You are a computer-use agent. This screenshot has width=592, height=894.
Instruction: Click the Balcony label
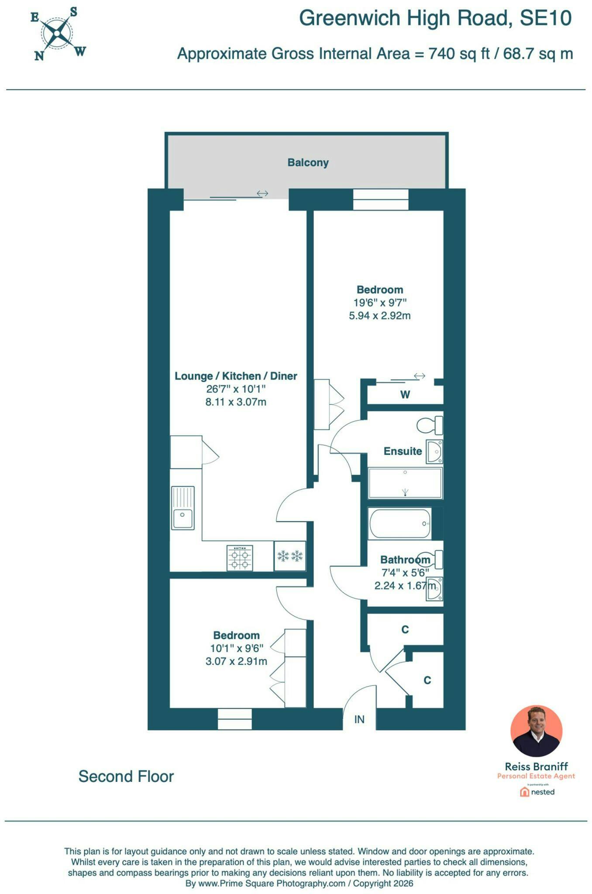click(308, 162)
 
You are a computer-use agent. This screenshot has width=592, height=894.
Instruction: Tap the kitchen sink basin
click(182, 518)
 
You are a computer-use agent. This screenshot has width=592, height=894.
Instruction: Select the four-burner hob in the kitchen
click(240, 558)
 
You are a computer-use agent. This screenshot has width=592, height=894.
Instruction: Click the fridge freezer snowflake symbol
click(290, 556)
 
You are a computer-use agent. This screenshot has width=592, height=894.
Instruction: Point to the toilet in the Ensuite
click(430, 425)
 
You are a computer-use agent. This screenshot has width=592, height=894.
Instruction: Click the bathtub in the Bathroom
click(400, 523)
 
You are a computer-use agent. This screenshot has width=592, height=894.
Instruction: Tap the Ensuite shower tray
click(405, 483)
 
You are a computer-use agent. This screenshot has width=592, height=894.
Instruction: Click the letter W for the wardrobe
click(405, 395)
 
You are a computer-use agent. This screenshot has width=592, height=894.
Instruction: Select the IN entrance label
click(359, 719)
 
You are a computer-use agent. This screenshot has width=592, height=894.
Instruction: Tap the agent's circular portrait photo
click(536, 731)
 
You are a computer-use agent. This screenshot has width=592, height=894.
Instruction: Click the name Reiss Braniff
click(537, 766)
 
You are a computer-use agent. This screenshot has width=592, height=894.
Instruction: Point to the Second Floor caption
click(126, 776)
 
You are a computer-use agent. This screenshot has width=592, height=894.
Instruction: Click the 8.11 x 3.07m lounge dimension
click(236, 402)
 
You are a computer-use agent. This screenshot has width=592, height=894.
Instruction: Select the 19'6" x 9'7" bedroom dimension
click(380, 303)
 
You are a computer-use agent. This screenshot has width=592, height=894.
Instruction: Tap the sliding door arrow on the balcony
click(262, 193)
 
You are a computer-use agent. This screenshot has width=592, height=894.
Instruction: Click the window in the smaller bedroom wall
click(235, 719)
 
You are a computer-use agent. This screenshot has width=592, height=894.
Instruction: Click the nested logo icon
click(524, 792)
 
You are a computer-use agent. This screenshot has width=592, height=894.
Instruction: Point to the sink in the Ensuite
click(435, 451)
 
